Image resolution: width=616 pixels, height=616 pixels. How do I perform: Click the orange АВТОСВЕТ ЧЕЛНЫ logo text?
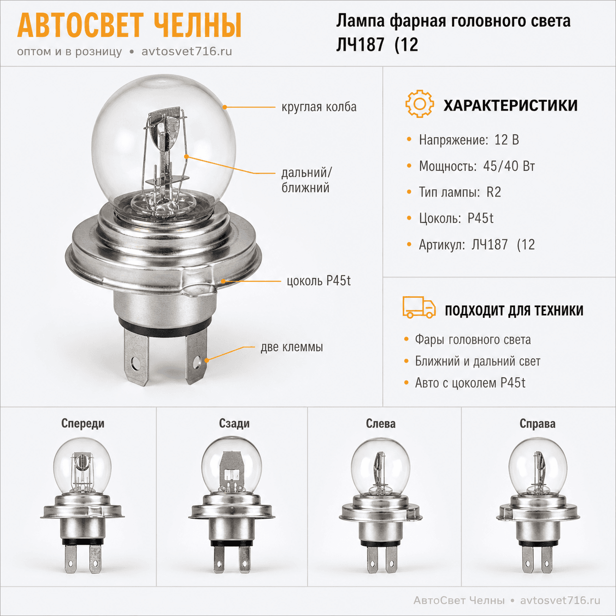point(129,26)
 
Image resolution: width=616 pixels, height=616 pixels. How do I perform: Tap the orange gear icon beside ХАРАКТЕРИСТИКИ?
point(420,104)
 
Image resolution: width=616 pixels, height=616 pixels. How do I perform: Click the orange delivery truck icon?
point(419,307)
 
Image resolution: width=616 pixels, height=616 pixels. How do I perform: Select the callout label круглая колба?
point(319,107)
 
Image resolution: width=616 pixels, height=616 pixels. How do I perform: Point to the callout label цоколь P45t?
point(318,281)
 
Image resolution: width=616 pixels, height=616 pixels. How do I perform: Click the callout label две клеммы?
point(291,347)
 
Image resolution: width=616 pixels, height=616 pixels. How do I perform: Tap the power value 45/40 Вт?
point(508,166)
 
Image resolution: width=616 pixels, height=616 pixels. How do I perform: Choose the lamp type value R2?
point(493,193)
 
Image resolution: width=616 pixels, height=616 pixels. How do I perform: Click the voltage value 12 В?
point(506,140)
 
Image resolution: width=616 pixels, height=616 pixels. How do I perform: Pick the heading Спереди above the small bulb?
point(83,423)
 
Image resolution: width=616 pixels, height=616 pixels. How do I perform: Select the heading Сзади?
point(234,423)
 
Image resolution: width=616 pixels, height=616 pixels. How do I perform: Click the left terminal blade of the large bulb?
point(137,357)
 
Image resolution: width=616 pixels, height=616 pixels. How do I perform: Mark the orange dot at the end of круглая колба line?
point(224,107)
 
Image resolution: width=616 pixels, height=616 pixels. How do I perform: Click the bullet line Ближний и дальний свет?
point(477,361)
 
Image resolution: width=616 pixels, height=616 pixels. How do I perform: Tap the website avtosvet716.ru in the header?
point(187,52)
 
